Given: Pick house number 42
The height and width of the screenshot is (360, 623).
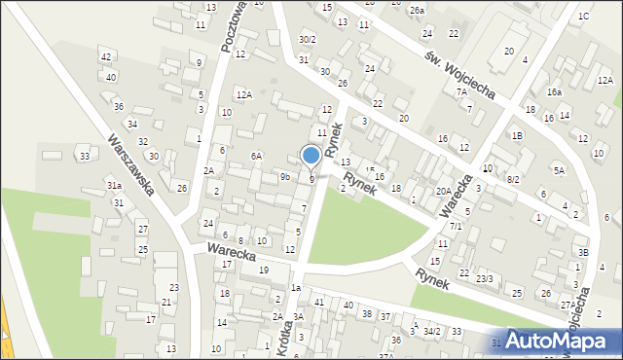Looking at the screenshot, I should [x=106, y=57].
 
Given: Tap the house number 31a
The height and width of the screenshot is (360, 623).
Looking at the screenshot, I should [x=114, y=185].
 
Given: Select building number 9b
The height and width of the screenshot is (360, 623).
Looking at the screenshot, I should [x=285, y=176].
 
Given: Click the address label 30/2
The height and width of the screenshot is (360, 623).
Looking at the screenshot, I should [x=308, y=40].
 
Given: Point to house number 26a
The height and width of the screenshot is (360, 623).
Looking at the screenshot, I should [x=417, y=11].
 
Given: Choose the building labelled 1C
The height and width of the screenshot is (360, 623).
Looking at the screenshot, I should [x=583, y=17].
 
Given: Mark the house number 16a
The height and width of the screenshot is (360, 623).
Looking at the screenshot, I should [x=554, y=91].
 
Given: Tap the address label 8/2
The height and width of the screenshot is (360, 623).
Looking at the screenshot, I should [x=513, y=180].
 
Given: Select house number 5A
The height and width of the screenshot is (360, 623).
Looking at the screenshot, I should [x=560, y=170].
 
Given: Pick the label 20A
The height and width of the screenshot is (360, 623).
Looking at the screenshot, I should [x=443, y=192].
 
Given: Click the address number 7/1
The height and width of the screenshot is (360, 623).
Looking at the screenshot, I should [x=455, y=226].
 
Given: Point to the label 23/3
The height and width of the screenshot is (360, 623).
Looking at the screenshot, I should [x=485, y=279].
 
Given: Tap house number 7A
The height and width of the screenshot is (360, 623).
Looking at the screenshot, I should [x=461, y=91].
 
